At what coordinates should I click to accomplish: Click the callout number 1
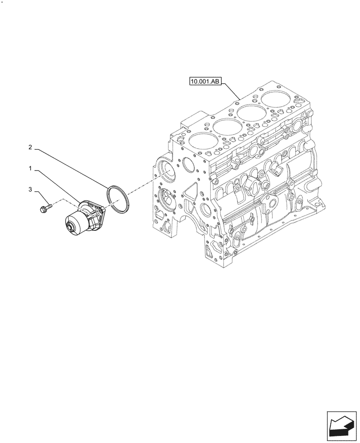coord(30,169)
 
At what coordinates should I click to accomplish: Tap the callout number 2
coord(30,147)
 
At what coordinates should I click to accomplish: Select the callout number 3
coord(30,190)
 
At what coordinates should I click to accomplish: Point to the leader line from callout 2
coord(71,169)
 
